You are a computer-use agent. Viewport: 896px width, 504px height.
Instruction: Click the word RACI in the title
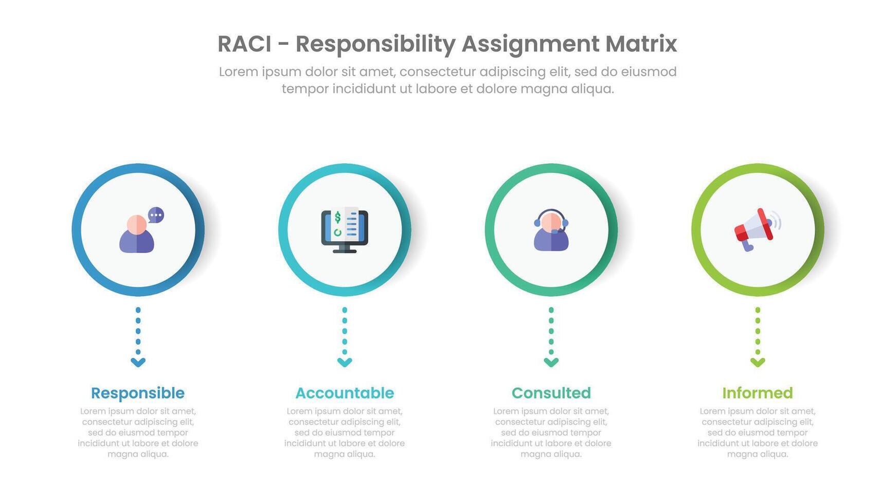coord(244,44)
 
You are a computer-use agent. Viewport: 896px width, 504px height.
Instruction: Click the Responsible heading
coord(138,393)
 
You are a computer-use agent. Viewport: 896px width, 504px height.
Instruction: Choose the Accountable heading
coord(345,393)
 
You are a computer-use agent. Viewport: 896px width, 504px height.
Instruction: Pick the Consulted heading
coord(551,393)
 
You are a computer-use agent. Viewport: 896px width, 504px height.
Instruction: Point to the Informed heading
coord(757,393)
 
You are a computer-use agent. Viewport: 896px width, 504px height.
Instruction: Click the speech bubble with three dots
coord(156,215)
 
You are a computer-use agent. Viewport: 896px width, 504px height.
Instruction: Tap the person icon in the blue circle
coord(137,235)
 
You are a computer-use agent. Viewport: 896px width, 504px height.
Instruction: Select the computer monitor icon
coord(345,230)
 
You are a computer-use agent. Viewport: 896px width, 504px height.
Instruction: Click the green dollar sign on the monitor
coord(337,218)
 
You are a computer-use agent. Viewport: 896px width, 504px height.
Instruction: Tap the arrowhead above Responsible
coord(138,362)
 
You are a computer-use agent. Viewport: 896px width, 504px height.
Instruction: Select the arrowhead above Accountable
coord(345,362)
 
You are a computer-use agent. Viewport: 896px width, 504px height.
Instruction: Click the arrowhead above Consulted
coord(551,362)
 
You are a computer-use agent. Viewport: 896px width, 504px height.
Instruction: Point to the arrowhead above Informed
coord(758,362)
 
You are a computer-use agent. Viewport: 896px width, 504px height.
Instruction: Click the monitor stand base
coord(345,250)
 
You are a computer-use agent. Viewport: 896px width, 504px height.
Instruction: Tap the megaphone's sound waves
coord(777,220)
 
